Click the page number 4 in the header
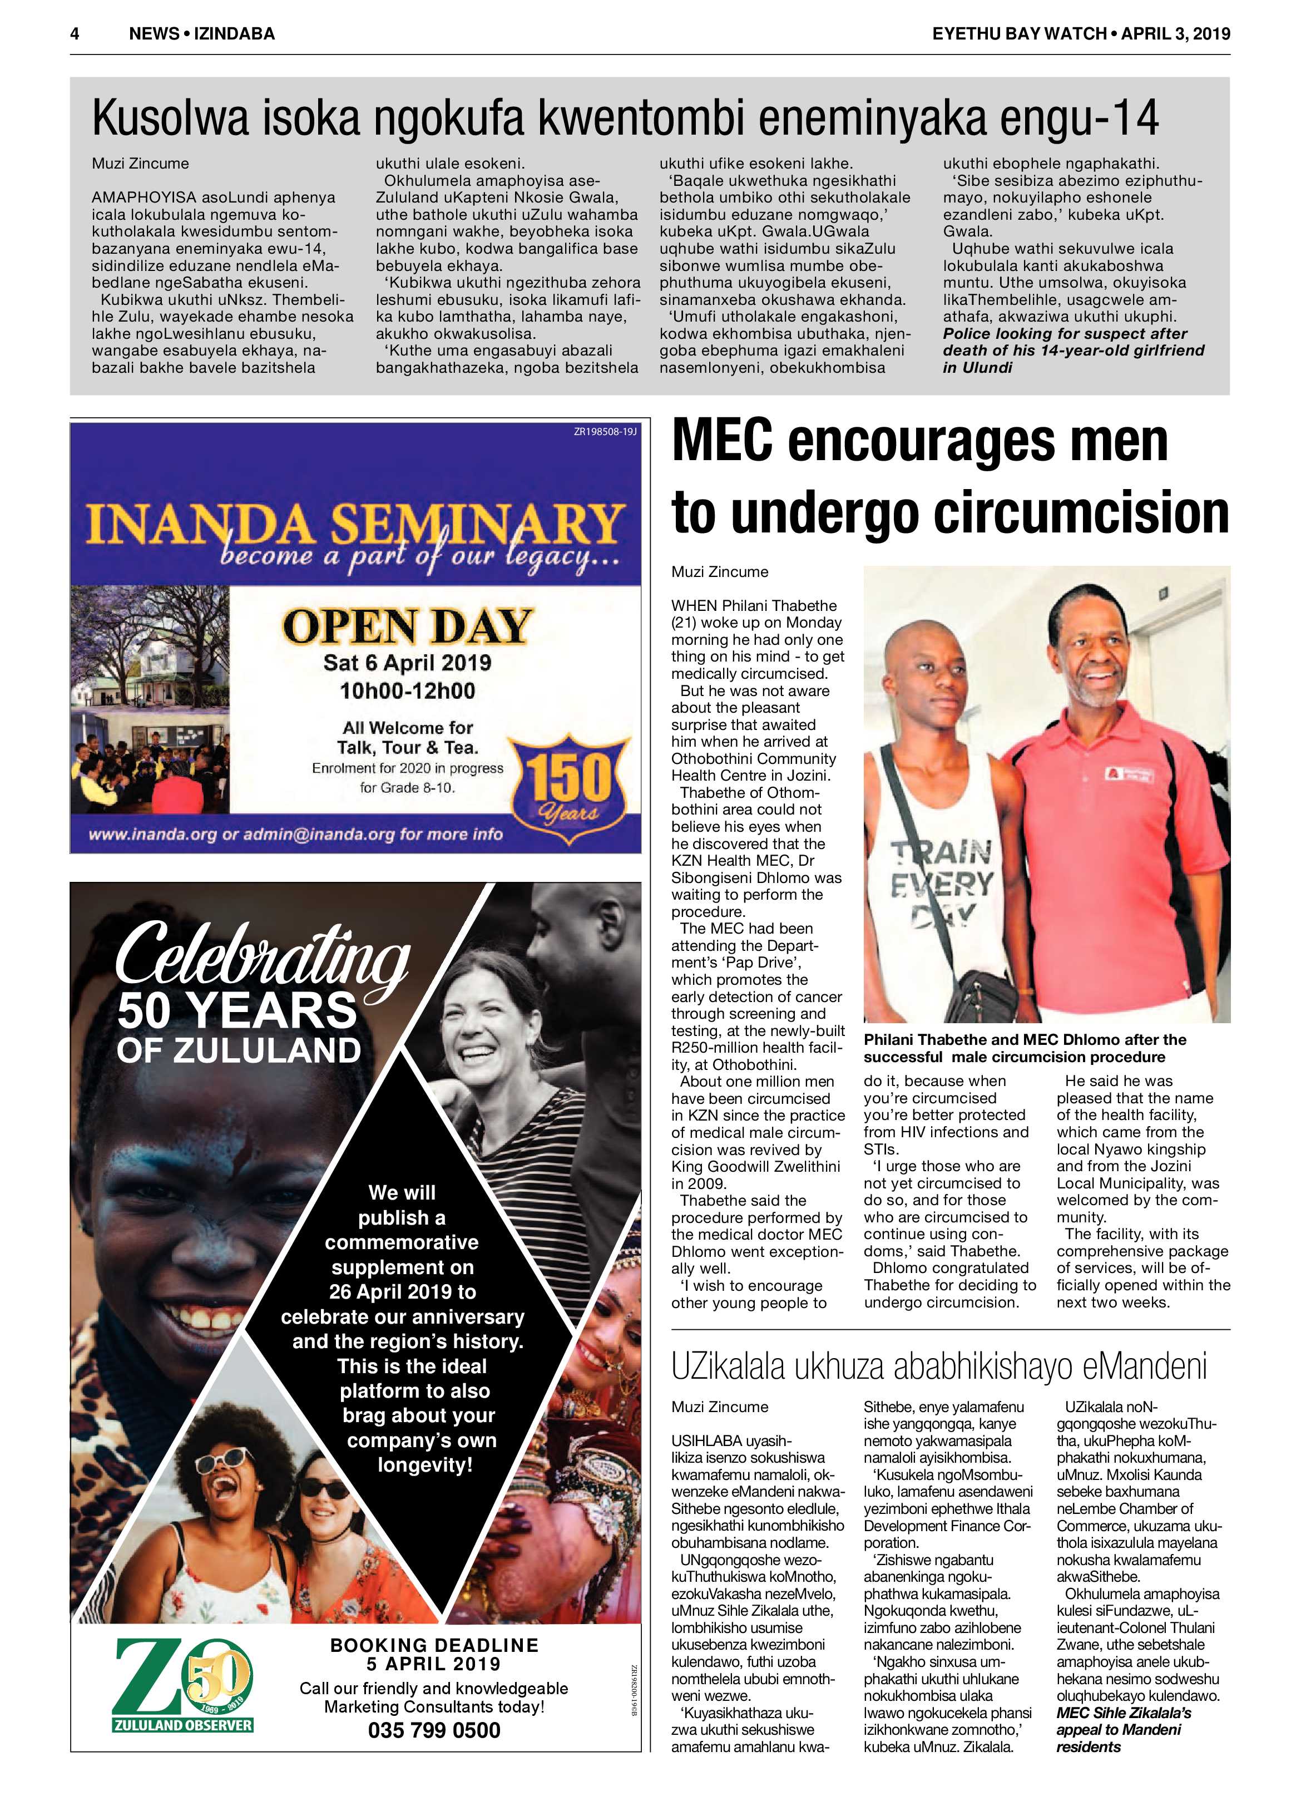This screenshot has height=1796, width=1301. click(x=75, y=33)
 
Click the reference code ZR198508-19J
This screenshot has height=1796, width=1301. click(x=605, y=432)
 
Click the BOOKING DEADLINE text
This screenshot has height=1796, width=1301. click(x=434, y=1646)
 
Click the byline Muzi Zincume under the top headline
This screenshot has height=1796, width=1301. click(x=140, y=164)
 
